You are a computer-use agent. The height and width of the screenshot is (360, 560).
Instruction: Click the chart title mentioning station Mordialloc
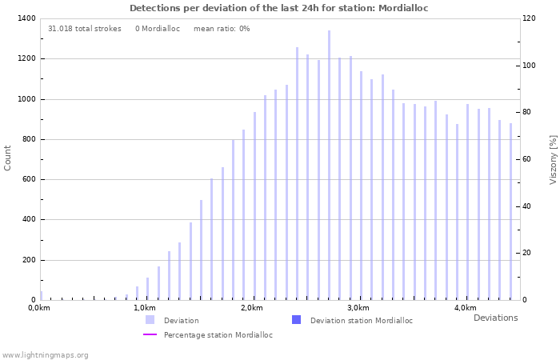pyautogui.click(x=279, y=8)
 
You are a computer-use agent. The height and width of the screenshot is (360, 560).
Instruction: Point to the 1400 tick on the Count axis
pyautogui.click(x=26, y=18)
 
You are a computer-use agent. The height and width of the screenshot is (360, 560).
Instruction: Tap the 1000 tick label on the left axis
pyautogui.click(x=26, y=99)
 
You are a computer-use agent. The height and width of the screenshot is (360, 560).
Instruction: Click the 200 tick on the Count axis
pyautogui.click(x=29, y=260)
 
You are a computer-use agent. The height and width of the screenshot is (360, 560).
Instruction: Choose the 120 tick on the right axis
pyautogui.click(x=529, y=18)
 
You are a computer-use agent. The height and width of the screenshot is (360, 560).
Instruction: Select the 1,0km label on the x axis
pyautogui.click(x=144, y=308)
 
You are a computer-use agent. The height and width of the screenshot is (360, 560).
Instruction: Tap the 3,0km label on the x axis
pyautogui.click(x=358, y=308)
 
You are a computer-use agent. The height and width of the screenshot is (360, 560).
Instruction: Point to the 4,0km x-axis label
pyautogui.click(x=465, y=308)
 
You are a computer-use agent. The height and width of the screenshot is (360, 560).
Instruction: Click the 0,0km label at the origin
pyautogui.click(x=38, y=308)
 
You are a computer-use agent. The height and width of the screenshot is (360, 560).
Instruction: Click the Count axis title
pyautogui.click(x=8, y=158)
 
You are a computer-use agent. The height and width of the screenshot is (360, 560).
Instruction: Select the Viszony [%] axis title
pyautogui.click(x=553, y=159)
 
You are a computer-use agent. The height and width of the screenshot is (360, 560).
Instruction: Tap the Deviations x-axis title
pyautogui.click(x=495, y=318)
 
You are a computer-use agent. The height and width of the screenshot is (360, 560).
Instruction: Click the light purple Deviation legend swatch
pyautogui.click(x=150, y=320)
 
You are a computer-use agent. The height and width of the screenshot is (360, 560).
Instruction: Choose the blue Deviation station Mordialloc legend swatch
pyautogui.click(x=296, y=320)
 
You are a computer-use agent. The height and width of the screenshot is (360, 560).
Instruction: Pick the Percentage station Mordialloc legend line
pyautogui.click(x=150, y=334)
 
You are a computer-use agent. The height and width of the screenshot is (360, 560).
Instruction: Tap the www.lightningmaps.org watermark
pyautogui.click(x=46, y=354)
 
